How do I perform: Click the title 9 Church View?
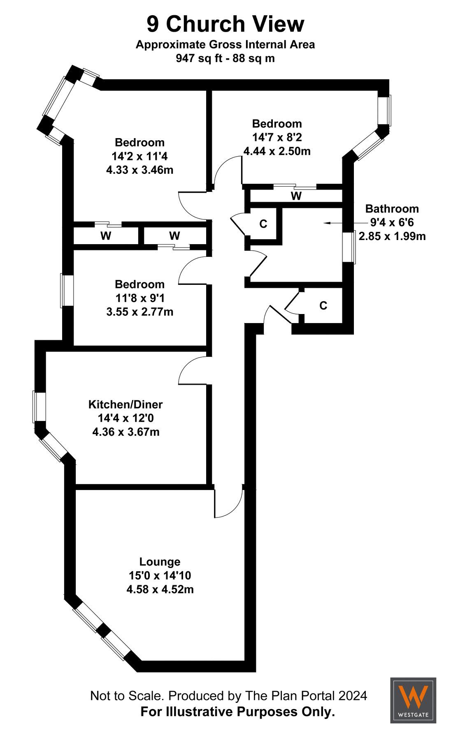225,24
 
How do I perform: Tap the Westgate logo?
413,700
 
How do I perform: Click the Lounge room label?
160,561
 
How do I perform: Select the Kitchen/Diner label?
126,404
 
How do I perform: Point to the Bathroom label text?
392,208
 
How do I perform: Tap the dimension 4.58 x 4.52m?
160,589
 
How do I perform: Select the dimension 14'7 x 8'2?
277,137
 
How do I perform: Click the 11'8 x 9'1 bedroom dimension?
139,298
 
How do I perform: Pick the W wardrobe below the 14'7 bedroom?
296,196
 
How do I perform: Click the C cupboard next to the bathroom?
263,224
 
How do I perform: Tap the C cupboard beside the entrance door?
323,305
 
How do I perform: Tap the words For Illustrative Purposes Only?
237,712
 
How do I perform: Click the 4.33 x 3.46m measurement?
139,170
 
